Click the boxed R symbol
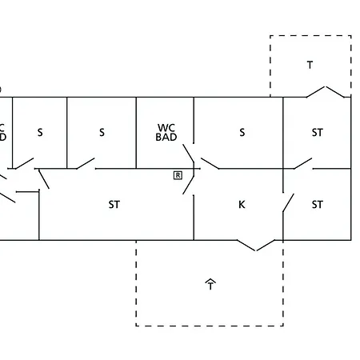click(x=178, y=175)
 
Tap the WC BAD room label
click(x=166, y=132)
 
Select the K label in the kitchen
click(x=242, y=205)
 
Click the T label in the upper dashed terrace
click(x=310, y=65)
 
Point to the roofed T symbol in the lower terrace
click(x=210, y=284)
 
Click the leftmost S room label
click(x=40, y=132)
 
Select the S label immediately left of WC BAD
click(x=102, y=132)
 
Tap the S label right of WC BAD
click(x=242, y=132)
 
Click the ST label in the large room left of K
click(x=114, y=205)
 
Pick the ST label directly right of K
click(x=318, y=205)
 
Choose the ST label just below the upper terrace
click(x=318, y=132)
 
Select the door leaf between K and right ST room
click(x=288, y=202)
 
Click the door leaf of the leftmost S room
click(x=24, y=163)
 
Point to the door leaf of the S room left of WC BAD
click(x=86, y=163)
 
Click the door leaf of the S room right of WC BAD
click(x=210, y=163)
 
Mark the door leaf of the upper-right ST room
click(x=302, y=163)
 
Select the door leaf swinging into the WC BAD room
click(x=188, y=154)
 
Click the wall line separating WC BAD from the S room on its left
click(x=136, y=133)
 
